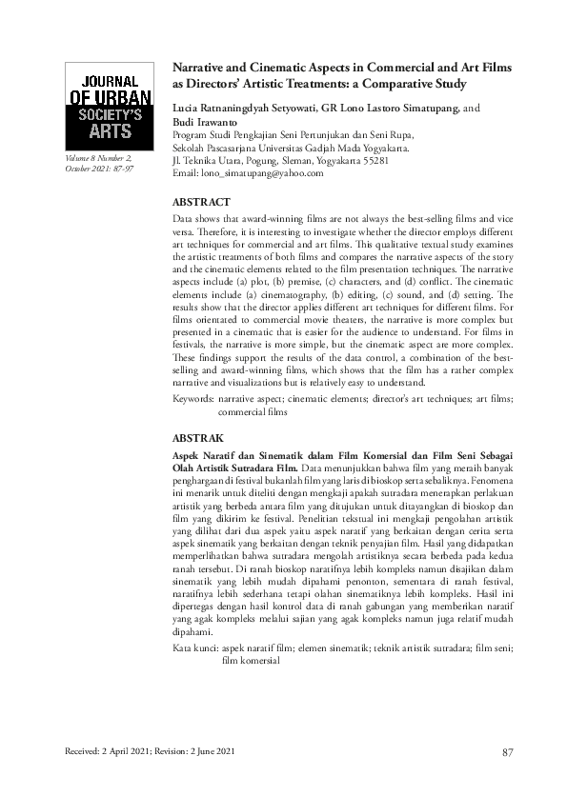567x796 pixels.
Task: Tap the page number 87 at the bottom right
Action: (508, 753)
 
